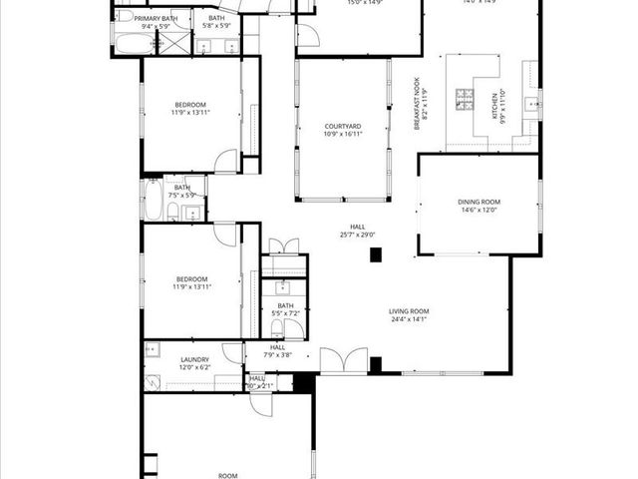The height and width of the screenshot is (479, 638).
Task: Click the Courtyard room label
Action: point(342,126)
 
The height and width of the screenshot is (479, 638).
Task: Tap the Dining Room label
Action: point(478,203)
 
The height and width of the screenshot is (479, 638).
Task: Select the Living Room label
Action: point(409,312)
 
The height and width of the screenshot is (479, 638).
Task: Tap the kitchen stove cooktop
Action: point(465,98)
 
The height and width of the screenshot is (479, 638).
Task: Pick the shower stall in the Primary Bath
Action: point(173,43)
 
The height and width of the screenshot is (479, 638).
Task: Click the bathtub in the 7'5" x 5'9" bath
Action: point(154,200)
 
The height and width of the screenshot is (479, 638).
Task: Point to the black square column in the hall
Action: point(376,254)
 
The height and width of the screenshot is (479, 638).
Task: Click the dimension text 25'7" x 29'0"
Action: point(357,236)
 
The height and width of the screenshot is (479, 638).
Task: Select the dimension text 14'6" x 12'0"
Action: point(478,211)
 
